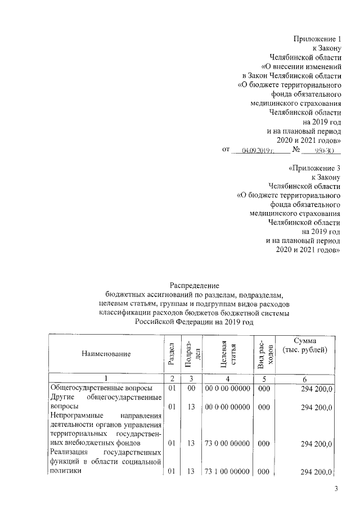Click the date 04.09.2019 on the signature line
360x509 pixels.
click(x=258, y=151)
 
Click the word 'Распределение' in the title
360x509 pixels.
click(x=194, y=286)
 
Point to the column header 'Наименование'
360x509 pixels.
click(x=106, y=354)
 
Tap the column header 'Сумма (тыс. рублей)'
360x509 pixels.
click(x=308, y=346)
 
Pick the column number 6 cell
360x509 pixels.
click(x=308, y=379)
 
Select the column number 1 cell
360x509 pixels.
click(x=106, y=379)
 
